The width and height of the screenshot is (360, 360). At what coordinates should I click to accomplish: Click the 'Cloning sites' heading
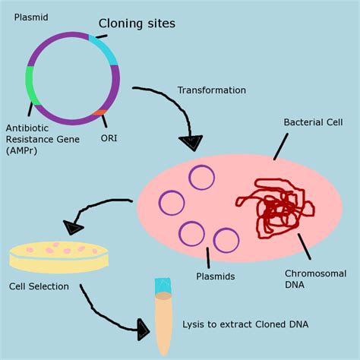click(x=137, y=24)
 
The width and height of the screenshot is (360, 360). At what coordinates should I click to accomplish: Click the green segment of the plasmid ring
click(x=30, y=85)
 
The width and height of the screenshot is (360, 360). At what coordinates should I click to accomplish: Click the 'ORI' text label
click(x=109, y=138)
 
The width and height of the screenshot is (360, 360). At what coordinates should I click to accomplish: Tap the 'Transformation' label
click(x=212, y=90)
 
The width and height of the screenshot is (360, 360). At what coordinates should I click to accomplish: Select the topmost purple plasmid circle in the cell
click(x=202, y=177)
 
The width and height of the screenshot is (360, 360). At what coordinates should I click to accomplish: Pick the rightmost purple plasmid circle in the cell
click(x=226, y=240)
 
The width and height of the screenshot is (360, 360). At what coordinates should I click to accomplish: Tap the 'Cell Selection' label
click(x=39, y=287)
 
